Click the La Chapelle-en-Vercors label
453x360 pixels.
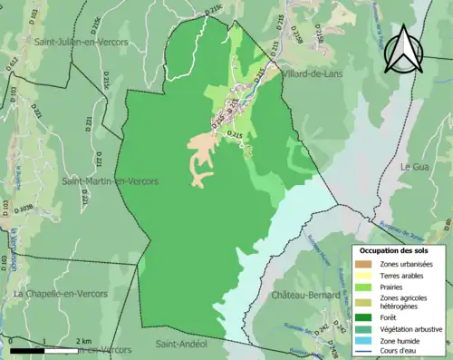[57, 294]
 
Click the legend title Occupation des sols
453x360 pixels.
[397, 249]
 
